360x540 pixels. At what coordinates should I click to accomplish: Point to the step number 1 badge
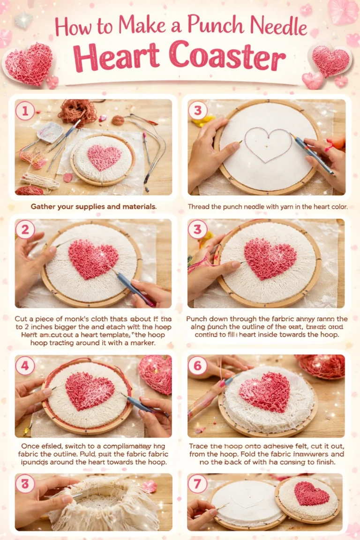point(25,111)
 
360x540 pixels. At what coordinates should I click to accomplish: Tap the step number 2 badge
point(25,230)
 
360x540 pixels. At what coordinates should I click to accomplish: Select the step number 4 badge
point(25,366)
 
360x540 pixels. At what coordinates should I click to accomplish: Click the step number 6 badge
point(197,366)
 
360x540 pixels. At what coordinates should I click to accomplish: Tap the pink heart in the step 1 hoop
point(104,157)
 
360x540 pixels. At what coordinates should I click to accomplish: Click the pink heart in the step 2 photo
point(93,259)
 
